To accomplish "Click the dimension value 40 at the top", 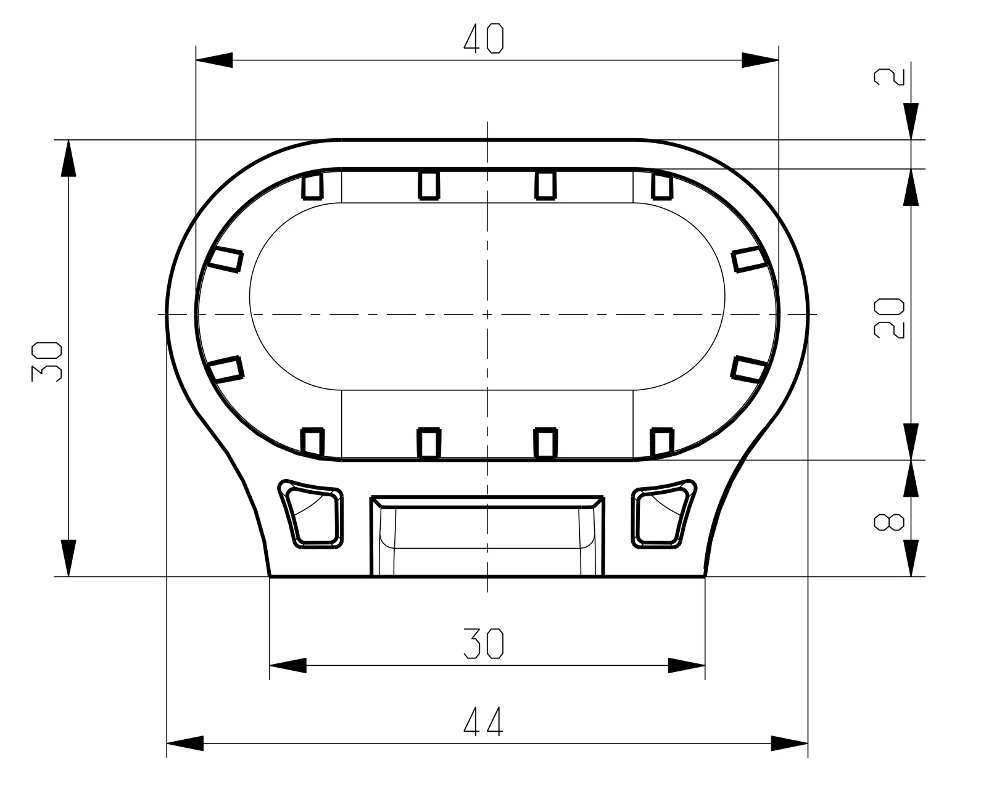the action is [483, 39].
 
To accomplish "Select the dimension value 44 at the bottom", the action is [483, 721].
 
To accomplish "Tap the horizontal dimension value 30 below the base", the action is [483, 644].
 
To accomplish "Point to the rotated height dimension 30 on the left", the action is [46, 361].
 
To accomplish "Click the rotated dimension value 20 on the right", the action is [889, 319].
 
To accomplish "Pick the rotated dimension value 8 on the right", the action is [889, 522].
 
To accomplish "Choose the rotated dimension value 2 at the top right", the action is [889, 77].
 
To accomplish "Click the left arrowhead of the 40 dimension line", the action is [214, 60].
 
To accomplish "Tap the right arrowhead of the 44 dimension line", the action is [789, 743].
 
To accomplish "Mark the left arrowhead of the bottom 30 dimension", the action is [288, 666].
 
